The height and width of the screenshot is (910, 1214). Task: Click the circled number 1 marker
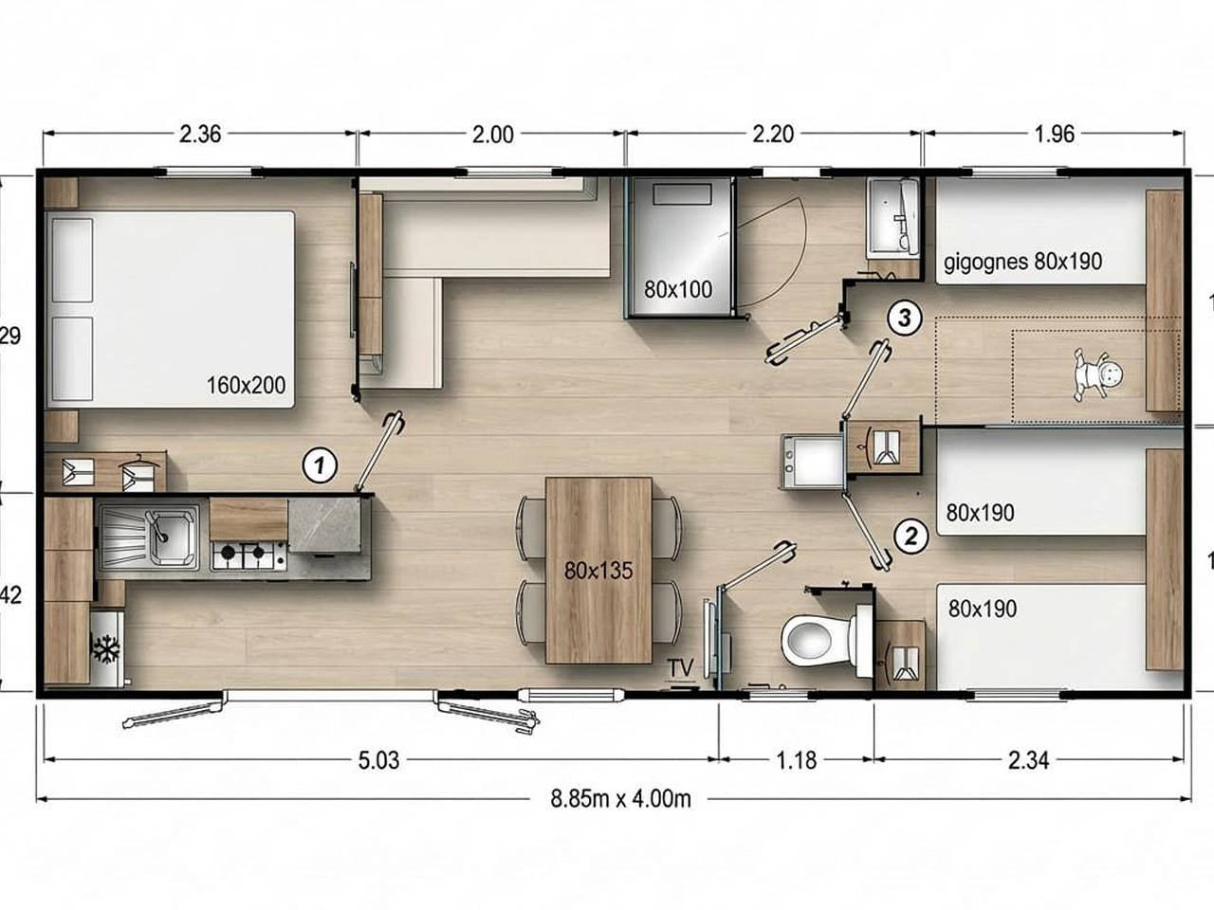(320, 465)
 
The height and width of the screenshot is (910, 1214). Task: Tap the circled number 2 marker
(910, 537)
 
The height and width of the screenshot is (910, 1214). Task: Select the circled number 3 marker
(905, 318)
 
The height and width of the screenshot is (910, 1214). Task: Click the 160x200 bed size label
(246, 385)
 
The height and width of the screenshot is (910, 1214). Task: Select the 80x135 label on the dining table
(598, 571)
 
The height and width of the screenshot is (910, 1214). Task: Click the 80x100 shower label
(677, 289)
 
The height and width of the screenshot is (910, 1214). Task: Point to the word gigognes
(984, 261)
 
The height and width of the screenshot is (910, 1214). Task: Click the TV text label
(680, 668)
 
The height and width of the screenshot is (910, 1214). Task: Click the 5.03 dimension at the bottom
(379, 760)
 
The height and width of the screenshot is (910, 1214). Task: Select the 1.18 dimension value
(795, 760)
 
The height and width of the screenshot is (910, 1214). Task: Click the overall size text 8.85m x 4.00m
(621, 798)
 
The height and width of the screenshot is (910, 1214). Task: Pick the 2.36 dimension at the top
(200, 134)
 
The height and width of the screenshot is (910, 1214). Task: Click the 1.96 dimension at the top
(1054, 134)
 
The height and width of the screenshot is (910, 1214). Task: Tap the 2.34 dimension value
(1029, 760)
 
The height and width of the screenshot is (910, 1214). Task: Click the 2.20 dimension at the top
(772, 134)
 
